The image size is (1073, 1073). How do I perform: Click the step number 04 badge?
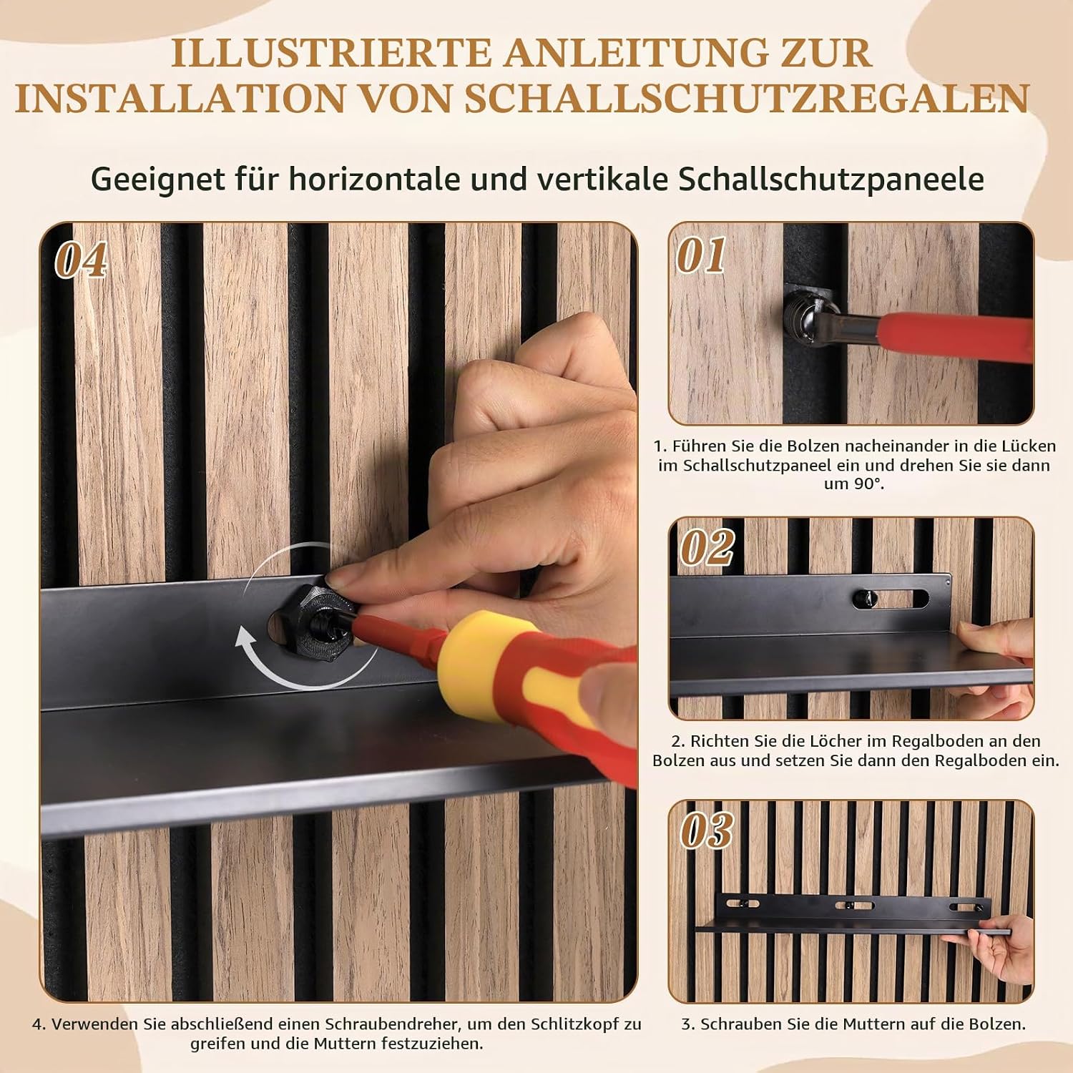81,260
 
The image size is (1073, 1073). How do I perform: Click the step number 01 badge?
701,255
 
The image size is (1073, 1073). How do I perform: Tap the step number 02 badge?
707,548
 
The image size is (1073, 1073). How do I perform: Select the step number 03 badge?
707,831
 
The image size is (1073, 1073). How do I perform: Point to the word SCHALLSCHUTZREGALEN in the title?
747,98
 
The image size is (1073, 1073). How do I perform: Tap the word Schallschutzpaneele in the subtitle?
831,179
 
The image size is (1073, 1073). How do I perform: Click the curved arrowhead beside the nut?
246,638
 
